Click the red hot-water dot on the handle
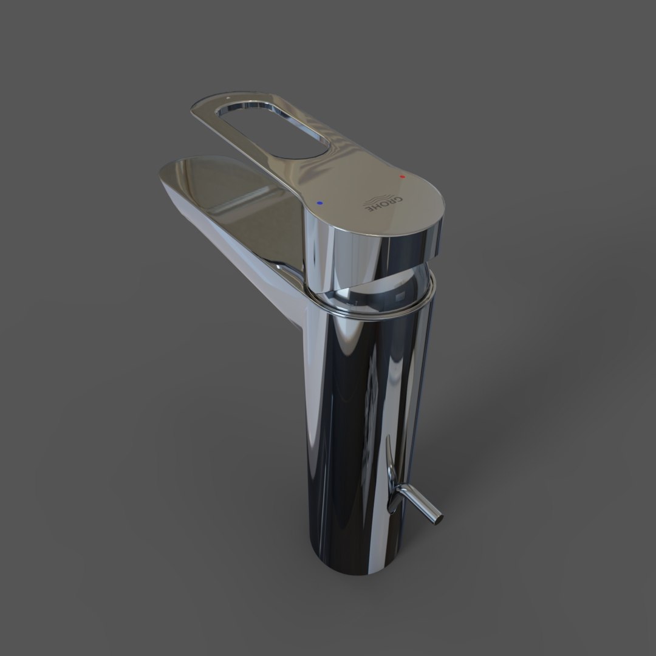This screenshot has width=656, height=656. coord(402,176)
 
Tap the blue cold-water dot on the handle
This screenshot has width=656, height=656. coord(320,203)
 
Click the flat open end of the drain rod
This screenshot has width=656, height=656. coord(436,518)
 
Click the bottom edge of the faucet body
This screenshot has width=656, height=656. coord(352,571)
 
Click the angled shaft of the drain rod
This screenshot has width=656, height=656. coord(419,507)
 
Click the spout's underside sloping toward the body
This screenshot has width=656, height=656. coord(243,255)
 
